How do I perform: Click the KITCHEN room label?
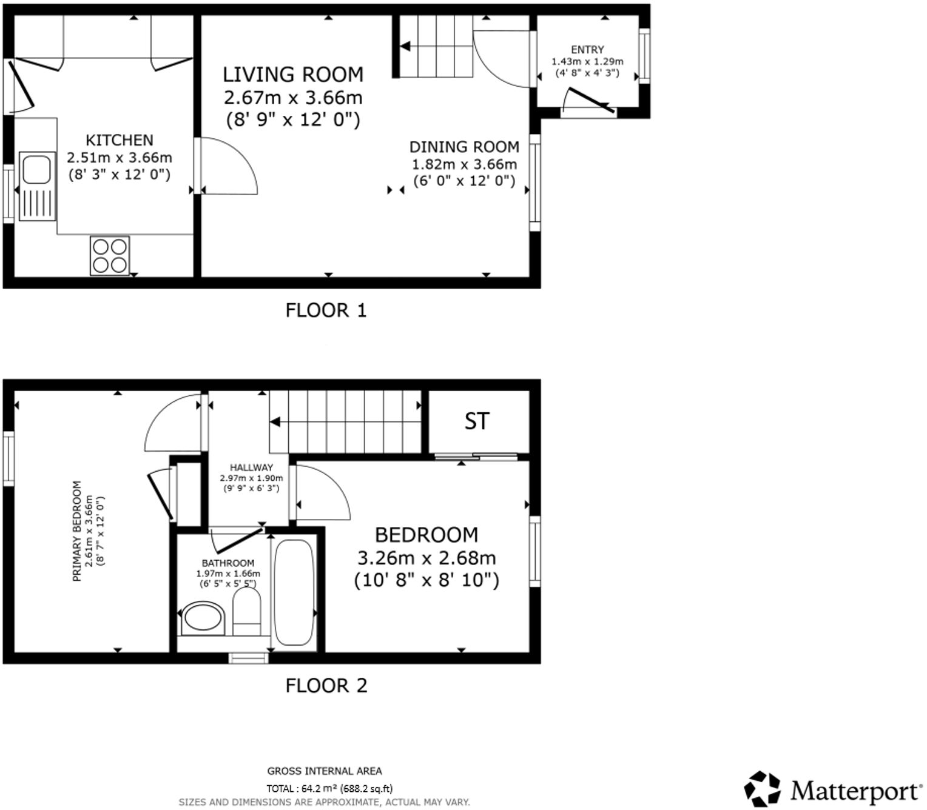click(x=119, y=140)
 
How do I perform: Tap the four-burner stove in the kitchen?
click(x=110, y=256)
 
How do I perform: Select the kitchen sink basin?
click(x=36, y=169)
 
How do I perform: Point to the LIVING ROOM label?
click(x=293, y=75)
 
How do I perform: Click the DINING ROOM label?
click(x=464, y=147)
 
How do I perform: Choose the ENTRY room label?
click(x=587, y=50)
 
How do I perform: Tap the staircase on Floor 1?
click(x=436, y=47)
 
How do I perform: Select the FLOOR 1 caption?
click(x=326, y=310)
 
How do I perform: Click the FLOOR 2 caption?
click(x=326, y=686)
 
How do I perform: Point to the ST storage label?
click(x=477, y=421)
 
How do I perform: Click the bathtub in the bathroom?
click(x=294, y=592)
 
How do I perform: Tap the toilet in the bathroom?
click(x=246, y=611)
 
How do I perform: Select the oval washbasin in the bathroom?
click(x=203, y=618)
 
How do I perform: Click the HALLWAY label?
click(x=251, y=467)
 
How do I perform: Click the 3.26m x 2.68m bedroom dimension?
click(x=426, y=558)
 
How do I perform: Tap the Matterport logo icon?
click(x=763, y=789)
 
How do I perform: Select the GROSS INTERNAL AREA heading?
click(x=325, y=771)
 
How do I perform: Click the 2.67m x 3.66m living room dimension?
click(x=293, y=98)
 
